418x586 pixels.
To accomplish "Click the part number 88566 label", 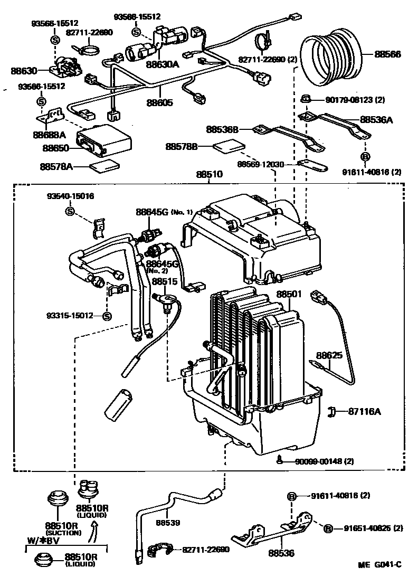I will [x=389, y=54].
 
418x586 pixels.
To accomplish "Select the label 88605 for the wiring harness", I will [x=159, y=103].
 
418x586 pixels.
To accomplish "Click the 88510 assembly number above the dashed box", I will [x=209, y=174].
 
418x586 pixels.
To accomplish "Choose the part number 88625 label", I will [x=329, y=356].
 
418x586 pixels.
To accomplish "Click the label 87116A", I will [x=364, y=411].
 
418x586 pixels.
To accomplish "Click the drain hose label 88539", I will [x=168, y=523].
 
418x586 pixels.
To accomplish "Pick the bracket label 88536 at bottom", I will [x=281, y=553].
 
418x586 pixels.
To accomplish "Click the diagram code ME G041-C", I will [x=380, y=565].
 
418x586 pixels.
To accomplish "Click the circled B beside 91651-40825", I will [x=328, y=528].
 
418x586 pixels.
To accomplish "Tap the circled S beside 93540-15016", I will [x=70, y=211].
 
